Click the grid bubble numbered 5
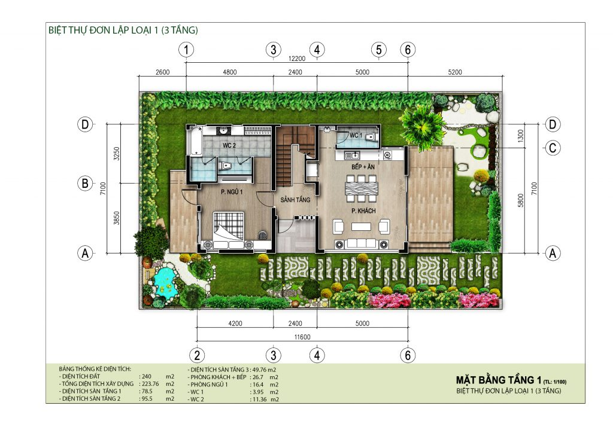[x=378, y=50]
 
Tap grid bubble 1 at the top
[x=188, y=50]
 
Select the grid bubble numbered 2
[x=198, y=355]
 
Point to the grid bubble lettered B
[x=86, y=184]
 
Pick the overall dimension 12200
[x=297, y=59]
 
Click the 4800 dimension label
[x=230, y=73]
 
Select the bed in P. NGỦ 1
[x=229, y=230]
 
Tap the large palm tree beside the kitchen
[x=421, y=126]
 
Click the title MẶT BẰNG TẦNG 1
[x=499, y=380]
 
